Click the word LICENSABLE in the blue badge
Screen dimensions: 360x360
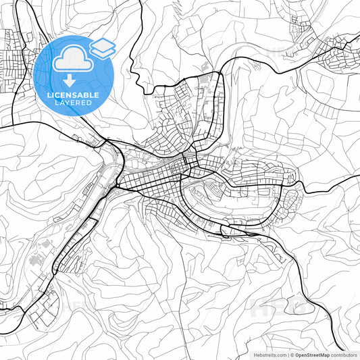[x=74, y=95]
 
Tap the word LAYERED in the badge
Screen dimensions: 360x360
[x=74, y=103]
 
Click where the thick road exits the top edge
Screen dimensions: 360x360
[x=140, y=1]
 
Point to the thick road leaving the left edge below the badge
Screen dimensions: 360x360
[x=2, y=126]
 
